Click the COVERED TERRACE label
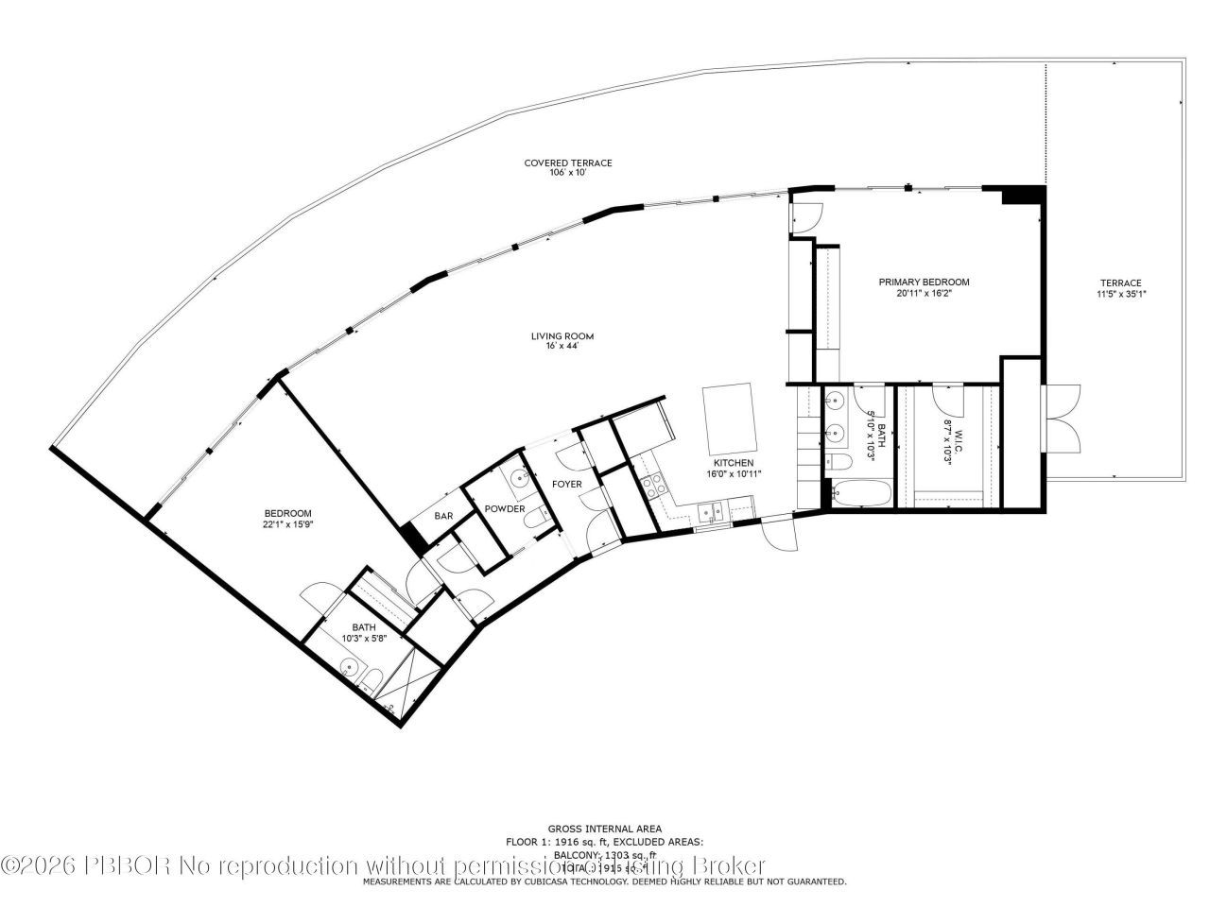tap(567, 163)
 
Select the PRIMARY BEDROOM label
tap(924, 282)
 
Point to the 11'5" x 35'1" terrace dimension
tap(1120, 294)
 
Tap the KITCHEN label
tap(733, 462)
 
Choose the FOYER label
tap(567, 484)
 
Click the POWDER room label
tap(505, 508)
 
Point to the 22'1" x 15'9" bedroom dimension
tap(287, 524)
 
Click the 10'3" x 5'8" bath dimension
tap(364, 639)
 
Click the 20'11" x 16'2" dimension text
tap(924, 294)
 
